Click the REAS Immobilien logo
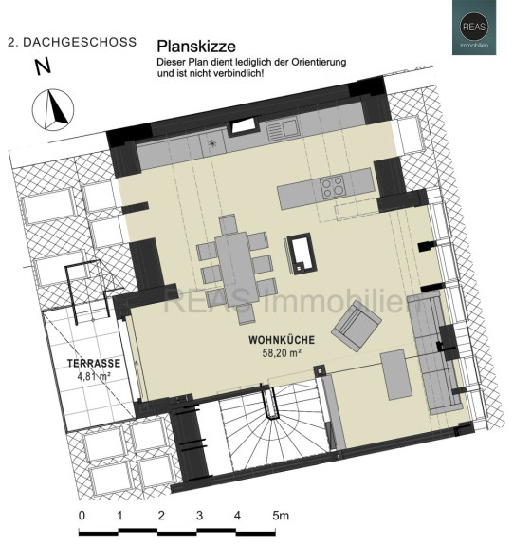pos(474,28)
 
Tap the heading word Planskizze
pos(196,47)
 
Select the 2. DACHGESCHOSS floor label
pos(72,42)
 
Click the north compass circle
pos(53,109)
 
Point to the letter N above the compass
pos(43,66)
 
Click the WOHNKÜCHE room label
pos(282,340)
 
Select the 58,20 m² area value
pos(282,353)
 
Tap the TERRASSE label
pos(94,363)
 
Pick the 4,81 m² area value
pos(94,376)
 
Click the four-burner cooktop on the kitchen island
pos(333,187)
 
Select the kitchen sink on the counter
pos(284,129)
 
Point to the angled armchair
pos(356,326)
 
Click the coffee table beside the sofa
pos(396,375)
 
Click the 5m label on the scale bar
pos(281,516)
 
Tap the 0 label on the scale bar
pos(82,516)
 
